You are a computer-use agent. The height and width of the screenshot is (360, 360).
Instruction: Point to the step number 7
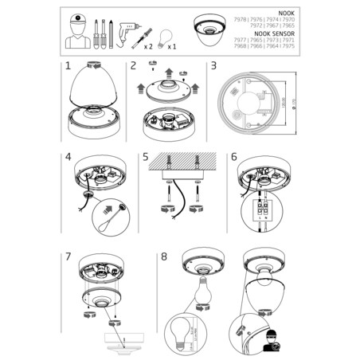tap(70, 257)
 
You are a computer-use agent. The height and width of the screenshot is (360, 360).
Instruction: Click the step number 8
tap(164, 256)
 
